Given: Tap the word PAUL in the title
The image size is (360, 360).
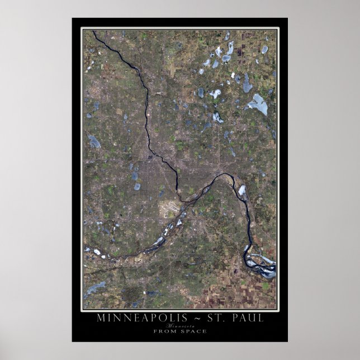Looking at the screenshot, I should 247,319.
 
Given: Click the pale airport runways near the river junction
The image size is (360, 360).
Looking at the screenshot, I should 167,210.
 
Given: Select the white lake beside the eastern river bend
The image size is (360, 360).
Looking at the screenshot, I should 242,190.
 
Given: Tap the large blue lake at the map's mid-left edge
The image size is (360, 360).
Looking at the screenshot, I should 94,141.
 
